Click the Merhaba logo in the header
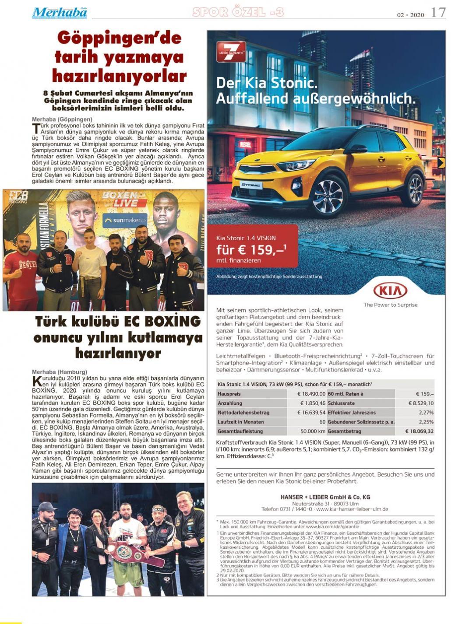(x=59, y=13)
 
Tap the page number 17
(x=438, y=13)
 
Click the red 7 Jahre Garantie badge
(x=231, y=52)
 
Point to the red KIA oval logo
(x=390, y=291)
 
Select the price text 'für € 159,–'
(x=251, y=250)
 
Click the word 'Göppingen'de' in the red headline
(x=119, y=38)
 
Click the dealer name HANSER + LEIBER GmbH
(x=325, y=497)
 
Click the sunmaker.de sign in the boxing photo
(x=125, y=220)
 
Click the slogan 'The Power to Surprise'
(x=390, y=305)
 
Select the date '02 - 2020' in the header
(x=410, y=15)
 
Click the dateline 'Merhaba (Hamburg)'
(x=60, y=372)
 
